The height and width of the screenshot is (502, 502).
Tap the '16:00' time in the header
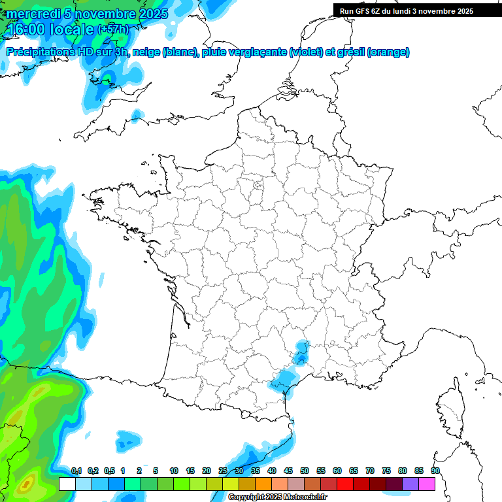click(25, 29)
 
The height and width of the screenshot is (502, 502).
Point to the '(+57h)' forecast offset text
click(112, 29)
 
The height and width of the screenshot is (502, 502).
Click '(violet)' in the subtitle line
click(306, 52)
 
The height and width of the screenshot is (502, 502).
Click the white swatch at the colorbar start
click(67, 484)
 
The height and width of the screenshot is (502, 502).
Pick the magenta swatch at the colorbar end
click(427, 484)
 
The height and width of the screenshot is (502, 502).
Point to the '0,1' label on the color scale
click(76, 471)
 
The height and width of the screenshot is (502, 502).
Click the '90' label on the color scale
click(435, 471)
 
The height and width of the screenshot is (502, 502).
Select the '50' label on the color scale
click(305, 471)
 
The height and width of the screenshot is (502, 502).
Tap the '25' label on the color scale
click(223, 471)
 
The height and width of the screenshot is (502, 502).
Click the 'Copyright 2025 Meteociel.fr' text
click(277, 497)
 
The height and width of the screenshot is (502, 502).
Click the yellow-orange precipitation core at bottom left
click(26, 484)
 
